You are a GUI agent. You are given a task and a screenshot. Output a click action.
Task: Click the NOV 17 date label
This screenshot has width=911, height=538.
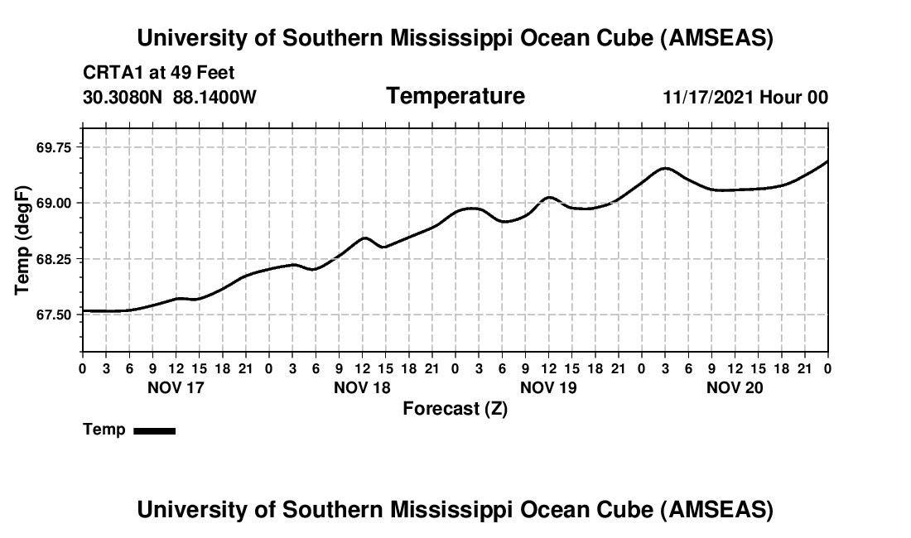coord(175,387)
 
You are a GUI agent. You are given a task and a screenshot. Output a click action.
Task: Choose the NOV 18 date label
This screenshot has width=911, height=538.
coord(362,387)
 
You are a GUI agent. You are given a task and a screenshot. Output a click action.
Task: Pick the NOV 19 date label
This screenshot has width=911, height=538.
coord(548,387)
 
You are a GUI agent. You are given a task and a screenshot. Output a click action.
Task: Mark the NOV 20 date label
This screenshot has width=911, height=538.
coord(735,387)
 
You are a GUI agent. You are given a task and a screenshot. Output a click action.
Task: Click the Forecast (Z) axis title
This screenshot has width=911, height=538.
coord(455,408)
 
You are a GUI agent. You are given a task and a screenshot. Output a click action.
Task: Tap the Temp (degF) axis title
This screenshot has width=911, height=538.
coord(23,240)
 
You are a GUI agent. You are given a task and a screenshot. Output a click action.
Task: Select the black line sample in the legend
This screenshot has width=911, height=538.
coord(155,430)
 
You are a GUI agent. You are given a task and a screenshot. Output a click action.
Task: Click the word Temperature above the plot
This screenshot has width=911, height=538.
coord(455,96)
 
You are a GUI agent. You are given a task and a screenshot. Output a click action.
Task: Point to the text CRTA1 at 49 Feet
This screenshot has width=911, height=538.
coord(159,74)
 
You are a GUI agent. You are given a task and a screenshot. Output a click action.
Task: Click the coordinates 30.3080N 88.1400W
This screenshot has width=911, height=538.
coord(170,97)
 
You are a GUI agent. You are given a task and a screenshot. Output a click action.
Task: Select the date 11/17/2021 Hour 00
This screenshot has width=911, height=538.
coord(745,97)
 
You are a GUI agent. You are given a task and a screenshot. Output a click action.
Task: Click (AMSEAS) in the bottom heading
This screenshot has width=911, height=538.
coord(717,510)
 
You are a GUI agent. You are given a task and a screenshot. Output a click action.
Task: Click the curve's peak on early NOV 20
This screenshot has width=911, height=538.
coord(665,168)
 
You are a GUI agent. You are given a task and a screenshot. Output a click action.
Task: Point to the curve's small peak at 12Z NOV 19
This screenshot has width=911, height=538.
coord(548,197)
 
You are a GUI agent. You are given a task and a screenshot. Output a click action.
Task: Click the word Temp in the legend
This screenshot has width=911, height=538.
coord(104,430)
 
